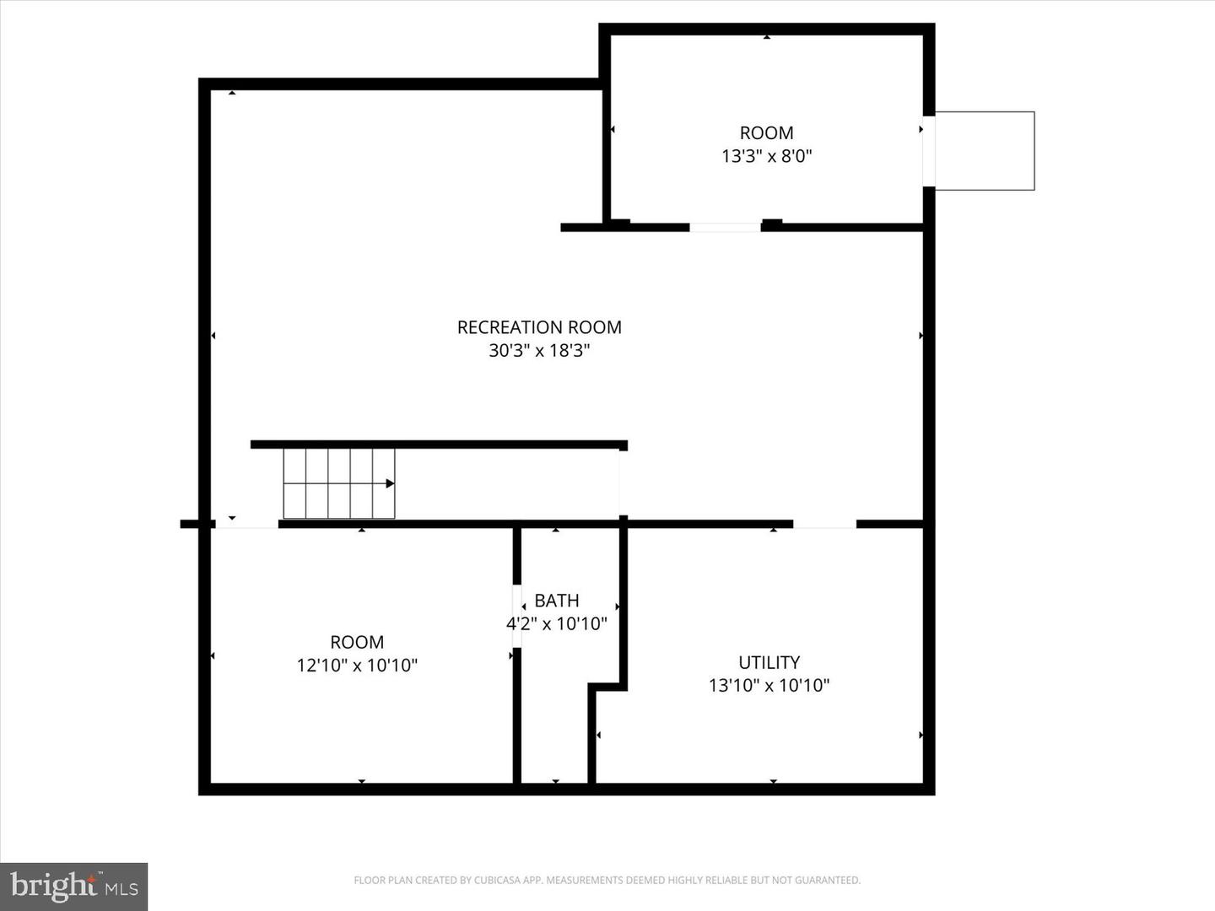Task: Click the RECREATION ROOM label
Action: coord(539,327)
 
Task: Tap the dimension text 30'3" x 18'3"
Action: coord(539,350)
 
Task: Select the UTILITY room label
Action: coord(769,662)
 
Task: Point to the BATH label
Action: coord(557,601)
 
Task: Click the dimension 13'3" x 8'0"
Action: coord(766,156)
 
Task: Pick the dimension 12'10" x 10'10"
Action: coord(357,666)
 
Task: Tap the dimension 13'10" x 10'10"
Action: coord(769,685)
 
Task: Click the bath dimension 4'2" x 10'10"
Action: coord(557,624)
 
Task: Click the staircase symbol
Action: coord(338,483)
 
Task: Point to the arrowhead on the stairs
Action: coord(390,483)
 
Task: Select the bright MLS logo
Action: coord(74,887)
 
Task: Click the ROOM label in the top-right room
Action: coord(766,133)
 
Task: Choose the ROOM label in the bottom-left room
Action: coord(357,642)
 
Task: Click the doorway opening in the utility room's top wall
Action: coord(824,524)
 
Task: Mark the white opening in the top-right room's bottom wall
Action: coord(725,227)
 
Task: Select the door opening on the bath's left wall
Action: coord(517,616)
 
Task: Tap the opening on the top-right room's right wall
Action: coord(928,151)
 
